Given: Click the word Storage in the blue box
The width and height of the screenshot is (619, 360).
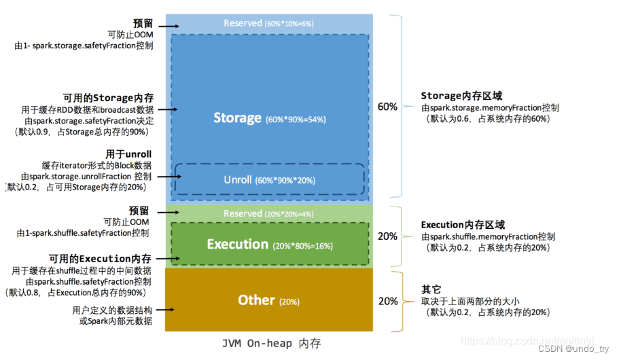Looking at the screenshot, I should [x=237, y=118].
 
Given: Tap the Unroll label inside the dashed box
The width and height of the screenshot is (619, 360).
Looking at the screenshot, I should [x=238, y=180].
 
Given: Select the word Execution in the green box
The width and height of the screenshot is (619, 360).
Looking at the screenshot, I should [x=237, y=245].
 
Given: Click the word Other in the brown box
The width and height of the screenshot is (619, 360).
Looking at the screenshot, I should [x=256, y=300].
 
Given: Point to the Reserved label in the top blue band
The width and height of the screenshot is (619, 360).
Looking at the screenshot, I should [x=243, y=23].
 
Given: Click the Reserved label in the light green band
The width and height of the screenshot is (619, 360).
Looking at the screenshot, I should [x=243, y=214].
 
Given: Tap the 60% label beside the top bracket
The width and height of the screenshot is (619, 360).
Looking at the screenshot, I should [x=387, y=107].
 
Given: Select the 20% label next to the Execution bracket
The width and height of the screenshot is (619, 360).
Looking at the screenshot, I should [x=387, y=236].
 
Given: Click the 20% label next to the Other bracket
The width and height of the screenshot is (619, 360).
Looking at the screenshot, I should [x=387, y=301].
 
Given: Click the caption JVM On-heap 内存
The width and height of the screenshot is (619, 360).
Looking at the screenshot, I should [x=271, y=344].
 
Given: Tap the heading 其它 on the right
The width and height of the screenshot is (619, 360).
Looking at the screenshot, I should [x=431, y=289].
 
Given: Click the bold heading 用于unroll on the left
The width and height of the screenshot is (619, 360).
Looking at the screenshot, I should [x=129, y=154].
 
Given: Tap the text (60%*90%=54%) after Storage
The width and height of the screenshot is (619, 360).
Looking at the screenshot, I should [x=296, y=120].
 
